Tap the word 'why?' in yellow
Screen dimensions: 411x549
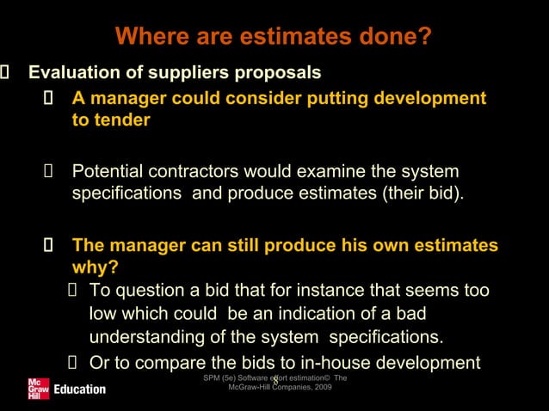(95, 267)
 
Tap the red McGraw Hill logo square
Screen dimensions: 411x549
(38, 388)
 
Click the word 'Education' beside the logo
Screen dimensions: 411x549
(80, 390)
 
